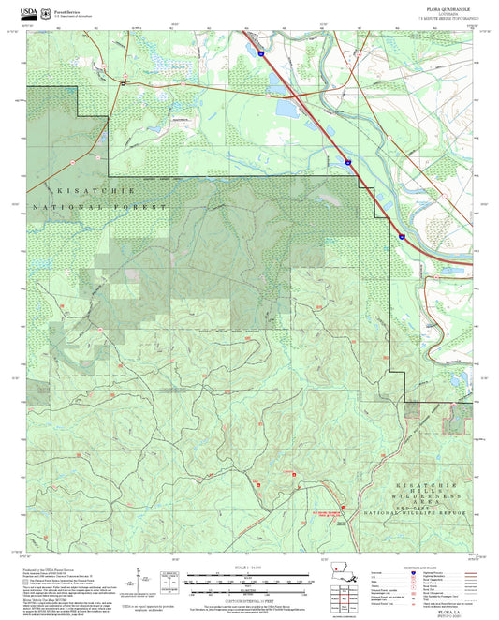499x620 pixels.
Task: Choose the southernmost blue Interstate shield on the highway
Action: click(x=400, y=238)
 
